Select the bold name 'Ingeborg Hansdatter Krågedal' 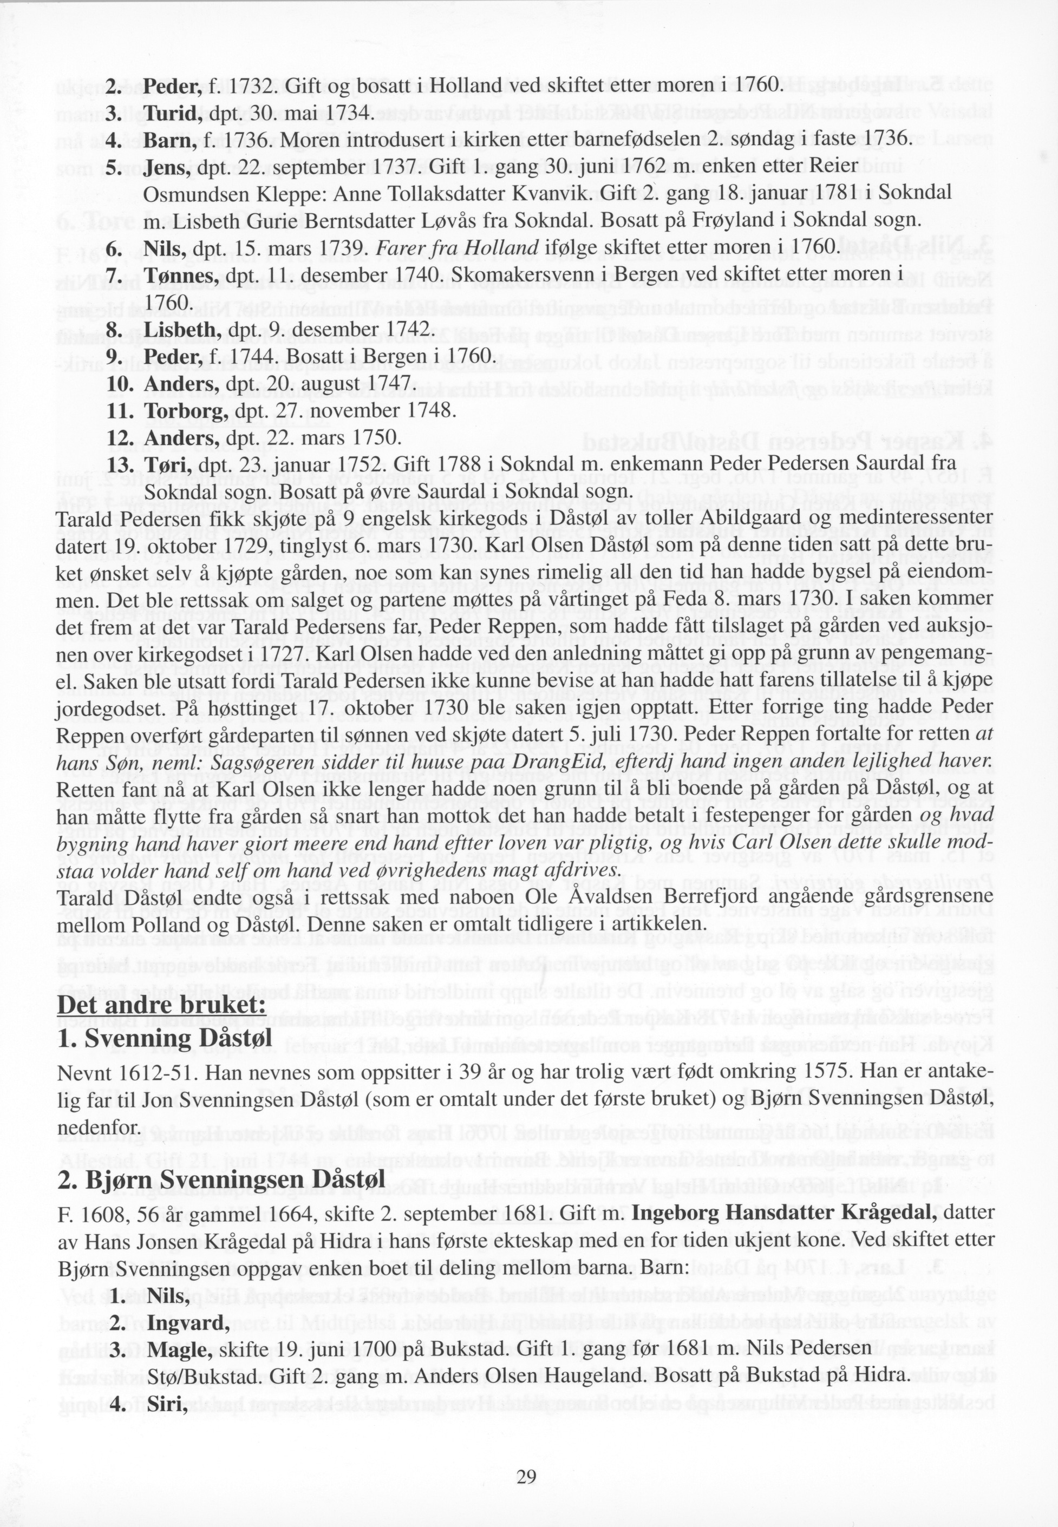785,1213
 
